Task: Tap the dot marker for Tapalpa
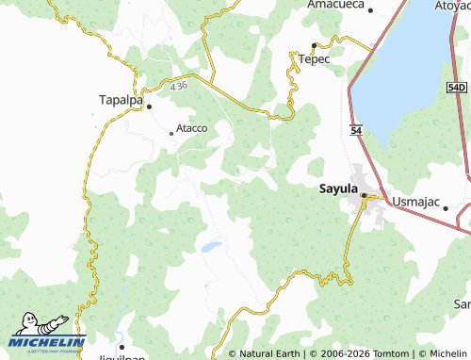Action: click(x=149, y=106)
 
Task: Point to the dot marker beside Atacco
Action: click(x=171, y=134)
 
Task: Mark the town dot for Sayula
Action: click(x=364, y=195)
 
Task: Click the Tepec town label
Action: click(x=314, y=59)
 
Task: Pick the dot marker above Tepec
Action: click(x=314, y=45)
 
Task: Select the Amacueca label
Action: click(x=334, y=5)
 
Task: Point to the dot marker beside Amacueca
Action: click(x=370, y=10)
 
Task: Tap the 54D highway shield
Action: click(x=457, y=86)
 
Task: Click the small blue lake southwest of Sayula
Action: click(x=210, y=247)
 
